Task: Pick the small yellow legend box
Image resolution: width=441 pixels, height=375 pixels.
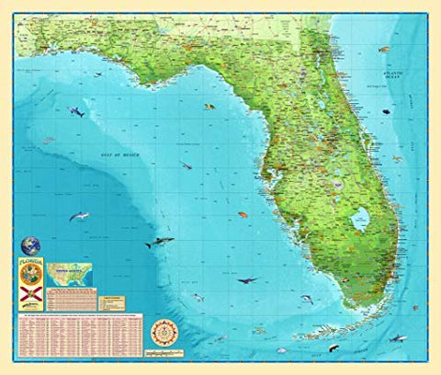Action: [110, 301]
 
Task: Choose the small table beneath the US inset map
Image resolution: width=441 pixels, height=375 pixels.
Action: [73, 300]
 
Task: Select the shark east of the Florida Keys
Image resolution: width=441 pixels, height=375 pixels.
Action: [397, 338]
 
